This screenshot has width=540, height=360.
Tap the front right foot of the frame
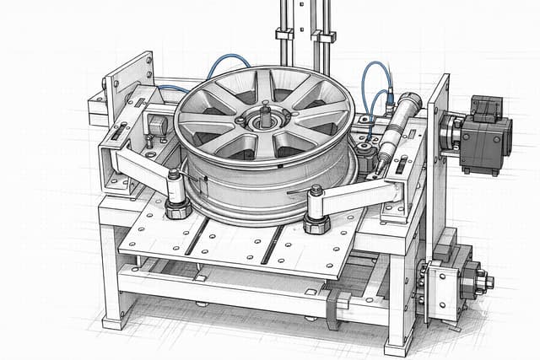tap(396, 345)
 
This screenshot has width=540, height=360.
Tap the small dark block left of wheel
tap(156, 125)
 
